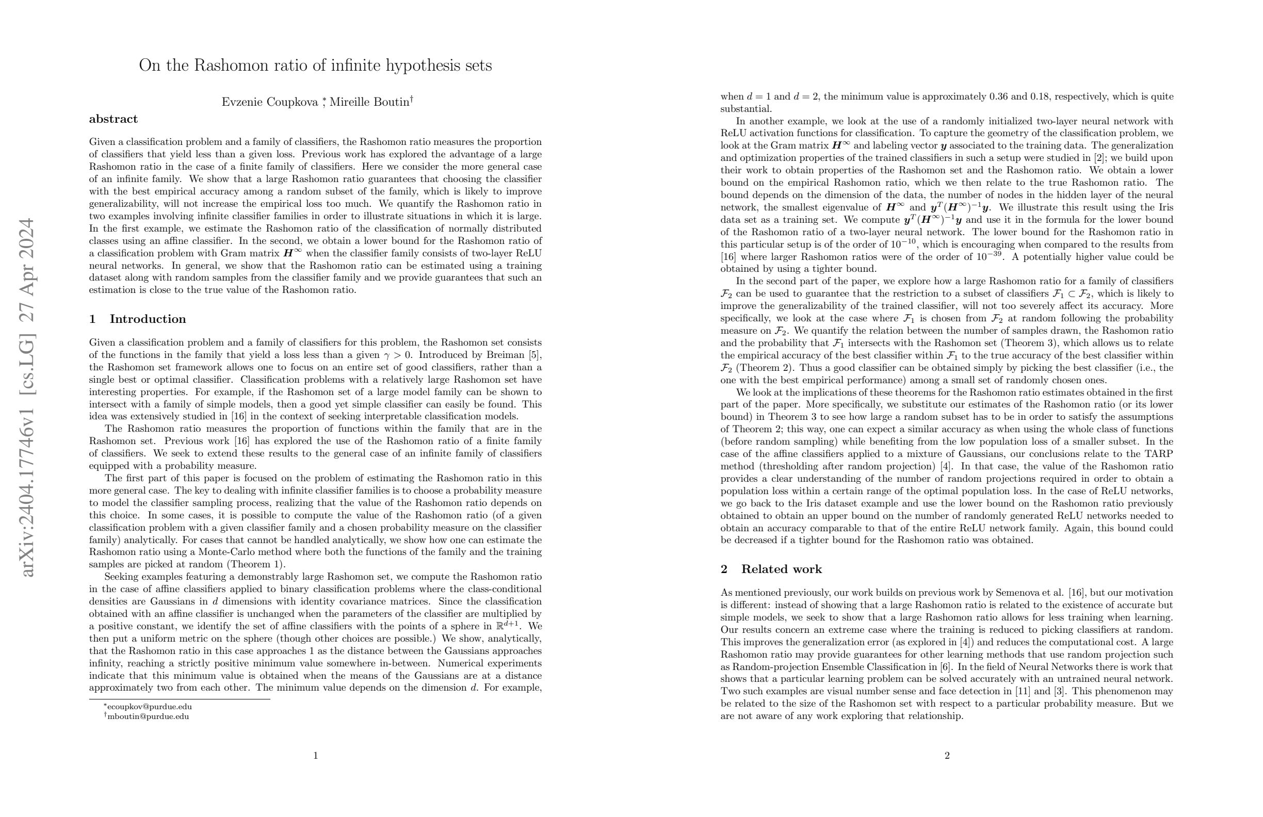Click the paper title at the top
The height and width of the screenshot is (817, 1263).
pos(315,66)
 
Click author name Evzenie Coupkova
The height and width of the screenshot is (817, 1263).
pos(270,102)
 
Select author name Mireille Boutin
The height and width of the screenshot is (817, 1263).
pos(369,102)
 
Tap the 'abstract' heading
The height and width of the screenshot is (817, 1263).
pos(113,119)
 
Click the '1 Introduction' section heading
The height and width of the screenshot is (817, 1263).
pos(137,319)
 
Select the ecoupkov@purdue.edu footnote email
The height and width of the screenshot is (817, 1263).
pos(149,707)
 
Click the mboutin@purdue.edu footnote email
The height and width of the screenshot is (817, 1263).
pos(148,717)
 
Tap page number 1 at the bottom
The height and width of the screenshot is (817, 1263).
pos(315,756)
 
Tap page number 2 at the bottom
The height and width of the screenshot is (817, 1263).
pos(947,756)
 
